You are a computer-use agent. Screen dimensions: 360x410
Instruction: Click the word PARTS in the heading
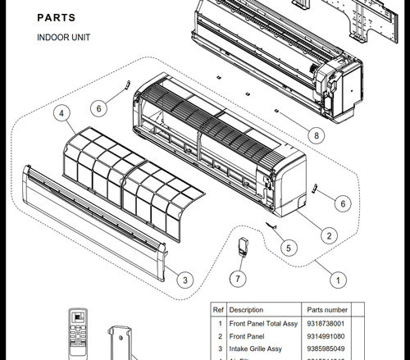click(x=57, y=17)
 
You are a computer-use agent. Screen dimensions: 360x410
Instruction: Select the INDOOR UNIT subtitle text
click(x=63, y=38)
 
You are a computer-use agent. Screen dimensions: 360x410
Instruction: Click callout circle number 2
click(x=328, y=236)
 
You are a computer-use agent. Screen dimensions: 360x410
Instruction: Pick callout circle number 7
click(x=238, y=280)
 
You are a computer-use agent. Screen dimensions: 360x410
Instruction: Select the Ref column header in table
click(x=218, y=310)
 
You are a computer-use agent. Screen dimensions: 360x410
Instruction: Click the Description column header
click(x=246, y=310)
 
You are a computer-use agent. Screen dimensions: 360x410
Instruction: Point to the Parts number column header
click(x=328, y=310)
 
